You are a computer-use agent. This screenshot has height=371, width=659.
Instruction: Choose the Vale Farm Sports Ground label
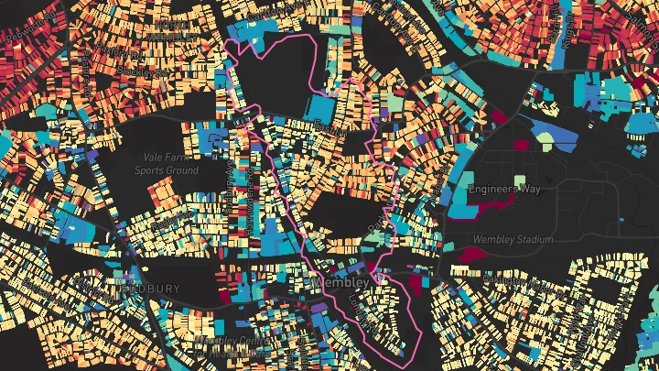(166, 164)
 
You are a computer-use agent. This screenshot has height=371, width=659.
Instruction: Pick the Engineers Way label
(505, 190)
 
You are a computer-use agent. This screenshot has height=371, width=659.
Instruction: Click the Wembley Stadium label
(513, 239)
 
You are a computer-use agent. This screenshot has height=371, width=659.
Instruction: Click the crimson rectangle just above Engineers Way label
(521, 145)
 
